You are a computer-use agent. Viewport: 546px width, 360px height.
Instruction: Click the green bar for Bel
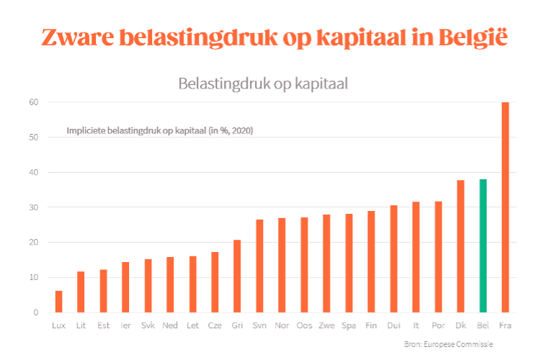(x=483, y=246)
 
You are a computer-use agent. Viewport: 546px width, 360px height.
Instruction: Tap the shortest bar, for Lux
(x=58, y=302)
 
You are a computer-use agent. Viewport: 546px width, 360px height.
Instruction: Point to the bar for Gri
(x=237, y=276)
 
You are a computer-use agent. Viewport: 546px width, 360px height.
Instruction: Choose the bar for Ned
(x=170, y=284)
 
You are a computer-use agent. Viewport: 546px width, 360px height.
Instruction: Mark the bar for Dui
(x=393, y=258)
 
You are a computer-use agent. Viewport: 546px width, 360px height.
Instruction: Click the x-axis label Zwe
(x=326, y=325)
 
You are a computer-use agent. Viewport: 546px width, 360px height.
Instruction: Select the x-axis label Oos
(x=304, y=325)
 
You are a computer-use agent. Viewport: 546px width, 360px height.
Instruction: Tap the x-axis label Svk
(x=148, y=325)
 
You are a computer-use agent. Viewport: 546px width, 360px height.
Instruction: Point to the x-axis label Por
(x=438, y=325)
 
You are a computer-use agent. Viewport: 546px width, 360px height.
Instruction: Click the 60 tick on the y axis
(x=33, y=102)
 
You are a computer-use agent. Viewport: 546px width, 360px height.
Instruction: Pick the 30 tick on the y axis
(x=33, y=207)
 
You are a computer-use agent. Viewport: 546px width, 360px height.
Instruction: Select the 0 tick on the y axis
(x=35, y=312)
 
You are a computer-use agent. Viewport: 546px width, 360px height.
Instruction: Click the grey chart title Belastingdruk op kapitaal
(x=264, y=84)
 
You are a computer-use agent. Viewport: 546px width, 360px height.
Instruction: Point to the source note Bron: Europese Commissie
(x=448, y=344)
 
